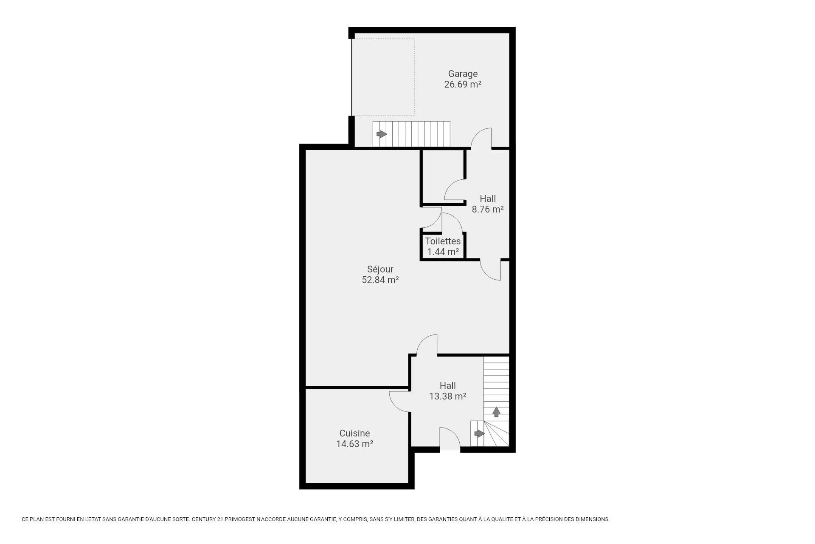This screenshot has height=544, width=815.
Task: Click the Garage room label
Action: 463,74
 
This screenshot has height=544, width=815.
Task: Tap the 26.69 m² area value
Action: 463,84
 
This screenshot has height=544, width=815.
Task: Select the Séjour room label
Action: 380,269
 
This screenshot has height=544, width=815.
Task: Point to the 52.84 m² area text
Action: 380,280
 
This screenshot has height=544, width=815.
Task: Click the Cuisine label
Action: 354,433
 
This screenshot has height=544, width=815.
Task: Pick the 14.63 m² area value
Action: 354,444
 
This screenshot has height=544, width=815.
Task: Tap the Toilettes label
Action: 443,241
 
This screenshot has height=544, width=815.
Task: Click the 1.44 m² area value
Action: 443,252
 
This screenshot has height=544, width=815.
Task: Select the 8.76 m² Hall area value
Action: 488,209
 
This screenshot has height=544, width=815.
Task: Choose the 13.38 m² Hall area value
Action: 447,396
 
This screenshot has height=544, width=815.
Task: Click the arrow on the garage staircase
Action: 382,134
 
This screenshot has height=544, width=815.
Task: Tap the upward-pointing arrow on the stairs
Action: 496,412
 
